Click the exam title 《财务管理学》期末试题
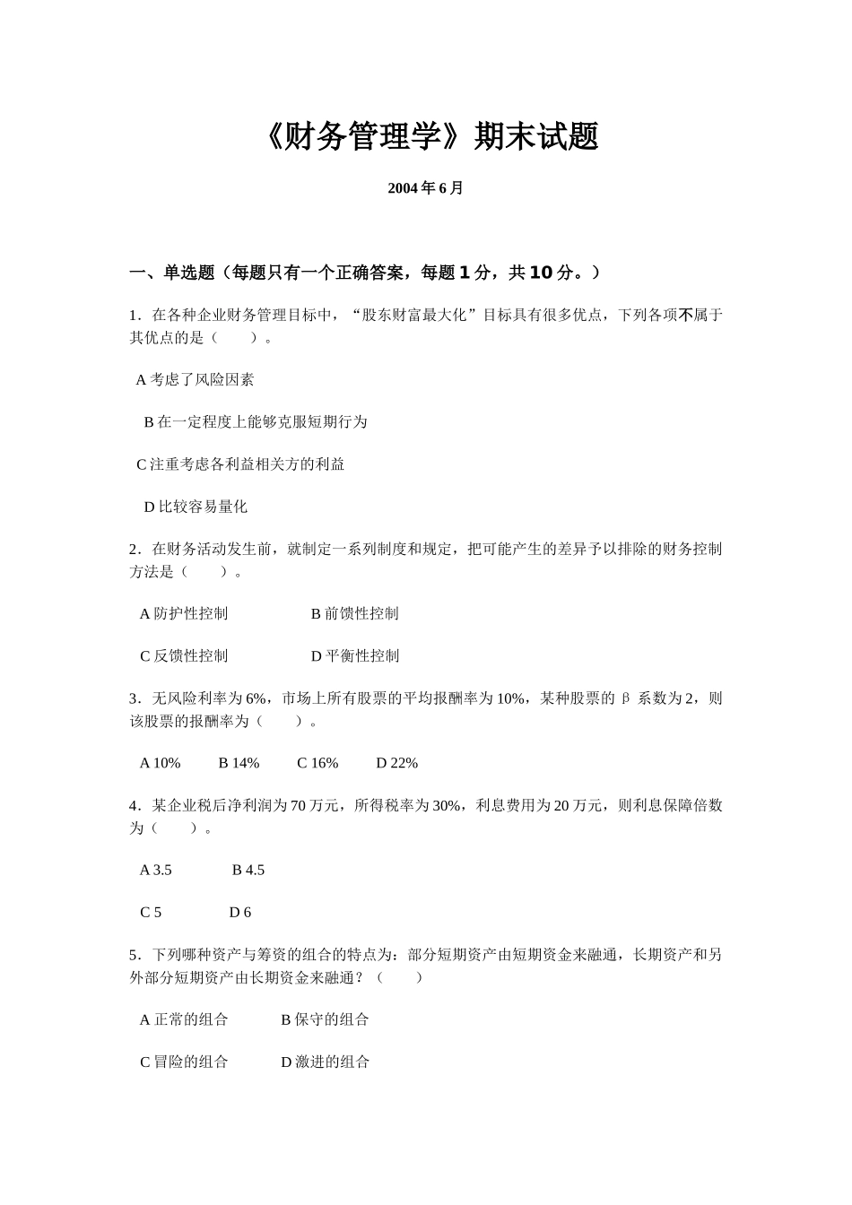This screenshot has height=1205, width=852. [431, 137]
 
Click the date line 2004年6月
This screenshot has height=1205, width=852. [425, 188]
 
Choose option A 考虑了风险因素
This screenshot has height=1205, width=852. [195, 380]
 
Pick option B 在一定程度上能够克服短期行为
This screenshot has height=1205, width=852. [256, 422]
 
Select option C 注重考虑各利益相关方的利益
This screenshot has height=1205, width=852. [240, 464]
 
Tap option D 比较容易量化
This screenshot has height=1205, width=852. [196, 507]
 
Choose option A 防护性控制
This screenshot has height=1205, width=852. [184, 614]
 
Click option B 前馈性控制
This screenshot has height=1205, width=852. [354, 614]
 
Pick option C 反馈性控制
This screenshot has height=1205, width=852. [184, 656]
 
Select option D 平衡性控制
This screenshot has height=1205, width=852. [354, 656]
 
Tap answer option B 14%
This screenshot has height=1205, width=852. [239, 763]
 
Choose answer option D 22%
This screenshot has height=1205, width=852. [396, 763]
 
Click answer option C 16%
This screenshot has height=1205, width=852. [317, 763]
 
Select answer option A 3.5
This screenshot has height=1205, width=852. [156, 870]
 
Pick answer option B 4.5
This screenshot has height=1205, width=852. [248, 870]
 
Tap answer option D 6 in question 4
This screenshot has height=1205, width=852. [239, 913]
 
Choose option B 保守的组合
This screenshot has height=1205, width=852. [325, 1019]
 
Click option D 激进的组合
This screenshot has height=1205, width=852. [325, 1062]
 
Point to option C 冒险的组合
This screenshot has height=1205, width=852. [184, 1062]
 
